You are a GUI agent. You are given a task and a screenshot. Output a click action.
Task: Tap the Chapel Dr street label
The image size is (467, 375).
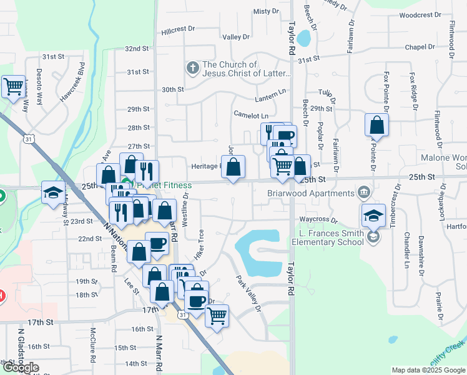click(x=419, y=47)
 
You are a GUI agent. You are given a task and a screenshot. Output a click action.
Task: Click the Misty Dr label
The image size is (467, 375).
click(x=265, y=11)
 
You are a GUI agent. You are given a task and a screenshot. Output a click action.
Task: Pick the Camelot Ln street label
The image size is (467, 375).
click(x=250, y=116)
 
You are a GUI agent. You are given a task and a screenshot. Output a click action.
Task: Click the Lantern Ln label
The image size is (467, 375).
click(x=270, y=100)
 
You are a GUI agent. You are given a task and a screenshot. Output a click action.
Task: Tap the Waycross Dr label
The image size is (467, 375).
click(x=318, y=220)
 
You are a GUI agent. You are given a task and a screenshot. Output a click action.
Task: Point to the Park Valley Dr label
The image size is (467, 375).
click(x=247, y=294)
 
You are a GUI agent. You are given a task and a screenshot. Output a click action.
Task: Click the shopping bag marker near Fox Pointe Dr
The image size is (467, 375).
click(x=376, y=126)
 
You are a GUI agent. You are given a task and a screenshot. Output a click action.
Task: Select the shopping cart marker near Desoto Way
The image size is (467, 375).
click(x=13, y=87)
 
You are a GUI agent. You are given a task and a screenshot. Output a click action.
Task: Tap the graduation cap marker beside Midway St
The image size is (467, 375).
click(x=53, y=192)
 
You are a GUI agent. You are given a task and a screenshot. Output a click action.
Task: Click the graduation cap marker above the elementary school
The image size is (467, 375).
click(x=373, y=216)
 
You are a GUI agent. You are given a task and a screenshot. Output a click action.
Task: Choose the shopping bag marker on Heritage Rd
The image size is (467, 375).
click(x=233, y=167)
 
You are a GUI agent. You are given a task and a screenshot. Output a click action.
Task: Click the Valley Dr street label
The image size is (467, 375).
click(x=236, y=37)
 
